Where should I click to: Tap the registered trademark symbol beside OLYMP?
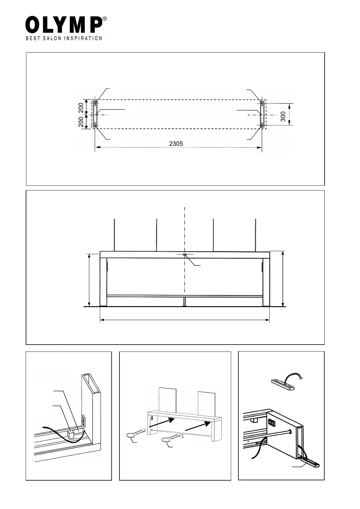104,19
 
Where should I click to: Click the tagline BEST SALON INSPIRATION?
64,38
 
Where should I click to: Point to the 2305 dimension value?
176,144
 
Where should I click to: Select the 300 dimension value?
283,116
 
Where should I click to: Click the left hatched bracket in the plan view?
95,114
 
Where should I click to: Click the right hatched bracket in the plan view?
262,114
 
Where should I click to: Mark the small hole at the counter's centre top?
185,255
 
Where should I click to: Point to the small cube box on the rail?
71,435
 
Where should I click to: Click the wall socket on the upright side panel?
83,421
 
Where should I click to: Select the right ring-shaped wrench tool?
166,440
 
